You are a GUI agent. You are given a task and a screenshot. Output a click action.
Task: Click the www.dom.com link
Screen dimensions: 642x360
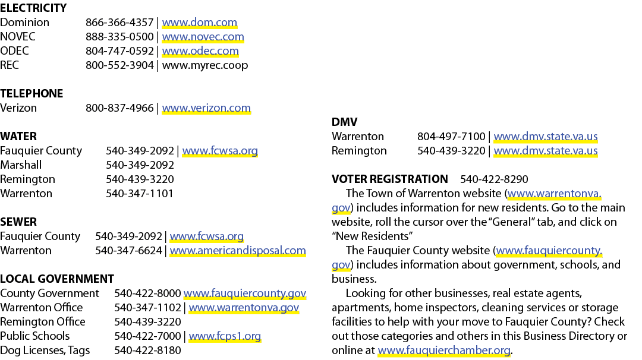199,23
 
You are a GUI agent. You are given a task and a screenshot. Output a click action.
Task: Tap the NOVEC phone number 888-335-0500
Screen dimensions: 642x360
119,37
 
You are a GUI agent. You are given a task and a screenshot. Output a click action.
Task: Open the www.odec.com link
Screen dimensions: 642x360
200,51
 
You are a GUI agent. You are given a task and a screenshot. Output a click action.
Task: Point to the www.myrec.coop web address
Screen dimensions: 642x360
205,65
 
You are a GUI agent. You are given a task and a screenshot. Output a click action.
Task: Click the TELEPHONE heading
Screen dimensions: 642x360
32,94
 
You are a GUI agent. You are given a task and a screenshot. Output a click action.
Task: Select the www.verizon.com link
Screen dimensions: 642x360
206,108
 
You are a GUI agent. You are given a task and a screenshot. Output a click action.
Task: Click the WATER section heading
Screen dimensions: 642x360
18,136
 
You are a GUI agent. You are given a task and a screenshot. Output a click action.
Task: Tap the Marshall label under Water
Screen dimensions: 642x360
21,165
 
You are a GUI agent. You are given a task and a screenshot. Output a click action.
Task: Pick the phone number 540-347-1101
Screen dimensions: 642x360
140,194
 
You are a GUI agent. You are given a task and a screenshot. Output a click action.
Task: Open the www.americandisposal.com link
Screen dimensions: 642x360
238,250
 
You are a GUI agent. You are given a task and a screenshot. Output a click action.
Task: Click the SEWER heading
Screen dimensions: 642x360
18,222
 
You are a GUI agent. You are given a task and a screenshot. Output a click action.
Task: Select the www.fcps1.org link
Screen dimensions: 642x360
225,336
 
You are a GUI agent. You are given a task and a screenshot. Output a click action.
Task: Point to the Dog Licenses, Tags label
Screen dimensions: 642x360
45,350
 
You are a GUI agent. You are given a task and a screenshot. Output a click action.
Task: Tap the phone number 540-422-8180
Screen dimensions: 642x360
147,350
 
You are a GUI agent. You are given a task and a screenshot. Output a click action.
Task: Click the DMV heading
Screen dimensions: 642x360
344,122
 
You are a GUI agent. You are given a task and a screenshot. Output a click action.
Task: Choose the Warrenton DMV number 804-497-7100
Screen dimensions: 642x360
451,137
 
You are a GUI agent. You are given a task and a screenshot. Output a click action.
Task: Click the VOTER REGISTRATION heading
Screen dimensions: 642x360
390,179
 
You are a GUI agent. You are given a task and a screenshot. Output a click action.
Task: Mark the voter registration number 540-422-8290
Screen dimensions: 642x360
494,179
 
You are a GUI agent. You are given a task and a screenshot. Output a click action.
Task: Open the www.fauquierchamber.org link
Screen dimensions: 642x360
444,350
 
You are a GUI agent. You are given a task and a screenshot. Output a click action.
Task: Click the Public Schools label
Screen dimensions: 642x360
35,336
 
